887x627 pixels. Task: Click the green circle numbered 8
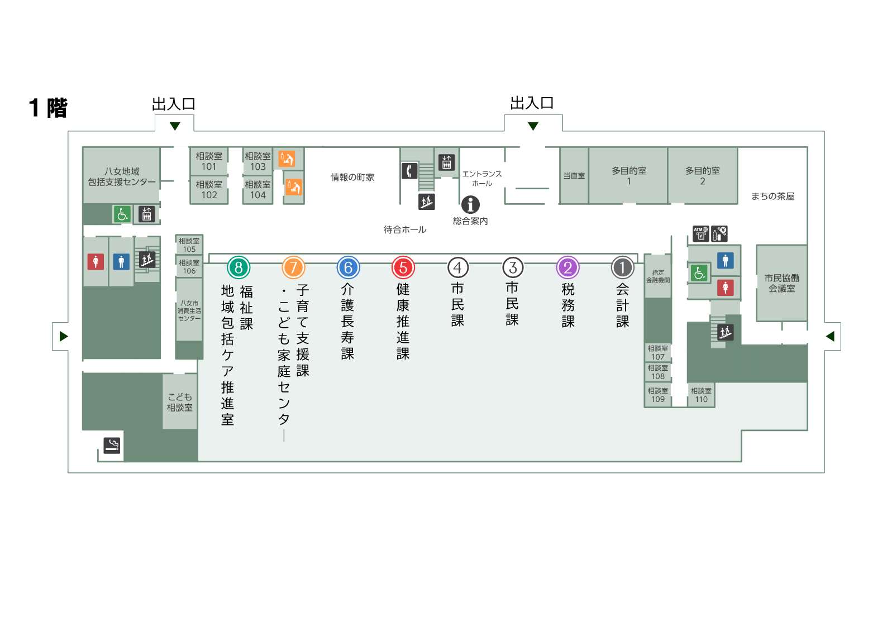click(x=239, y=267)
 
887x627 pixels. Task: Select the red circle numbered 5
click(x=403, y=267)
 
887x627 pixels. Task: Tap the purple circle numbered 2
click(x=568, y=267)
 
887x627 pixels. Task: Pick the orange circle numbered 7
click(x=293, y=267)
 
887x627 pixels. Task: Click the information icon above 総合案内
click(x=470, y=205)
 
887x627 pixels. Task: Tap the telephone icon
click(x=409, y=171)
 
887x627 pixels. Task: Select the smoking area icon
click(x=112, y=446)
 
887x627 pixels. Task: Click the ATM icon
click(x=700, y=233)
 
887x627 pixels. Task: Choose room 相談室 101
click(x=209, y=161)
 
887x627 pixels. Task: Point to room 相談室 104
click(x=258, y=190)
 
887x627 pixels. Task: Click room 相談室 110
click(x=701, y=395)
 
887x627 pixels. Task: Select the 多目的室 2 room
click(x=703, y=176)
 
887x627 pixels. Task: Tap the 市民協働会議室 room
click(x=781, y=283)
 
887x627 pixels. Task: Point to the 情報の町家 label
click(x=352, y=178)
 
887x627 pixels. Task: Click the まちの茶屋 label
click(x=772, y=197)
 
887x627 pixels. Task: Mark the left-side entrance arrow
click(x=64, y=337)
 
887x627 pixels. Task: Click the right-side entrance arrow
click(x=831, y=337)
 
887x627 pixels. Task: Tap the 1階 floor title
click(x=48, y=108)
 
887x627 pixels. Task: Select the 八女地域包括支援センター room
click(x=121, y=175)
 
